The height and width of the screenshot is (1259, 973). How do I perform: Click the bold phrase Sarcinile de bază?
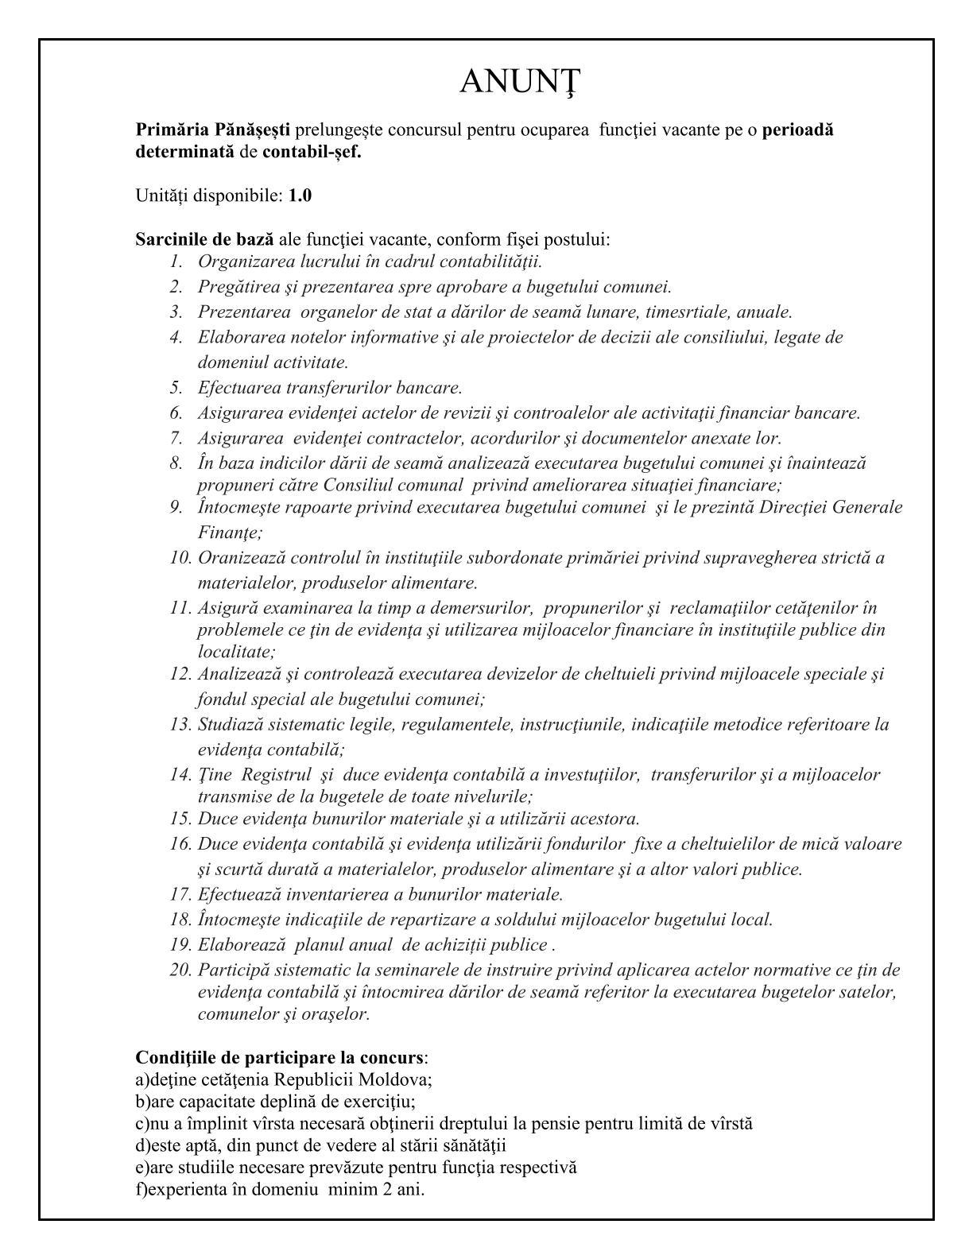(x=204, y=239)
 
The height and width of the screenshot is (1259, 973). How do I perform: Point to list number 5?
(x=176, y=388)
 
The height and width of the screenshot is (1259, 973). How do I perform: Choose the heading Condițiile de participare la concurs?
(x=279, y=1058)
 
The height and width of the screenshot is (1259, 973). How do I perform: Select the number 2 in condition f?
(x=386, y=1190)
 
